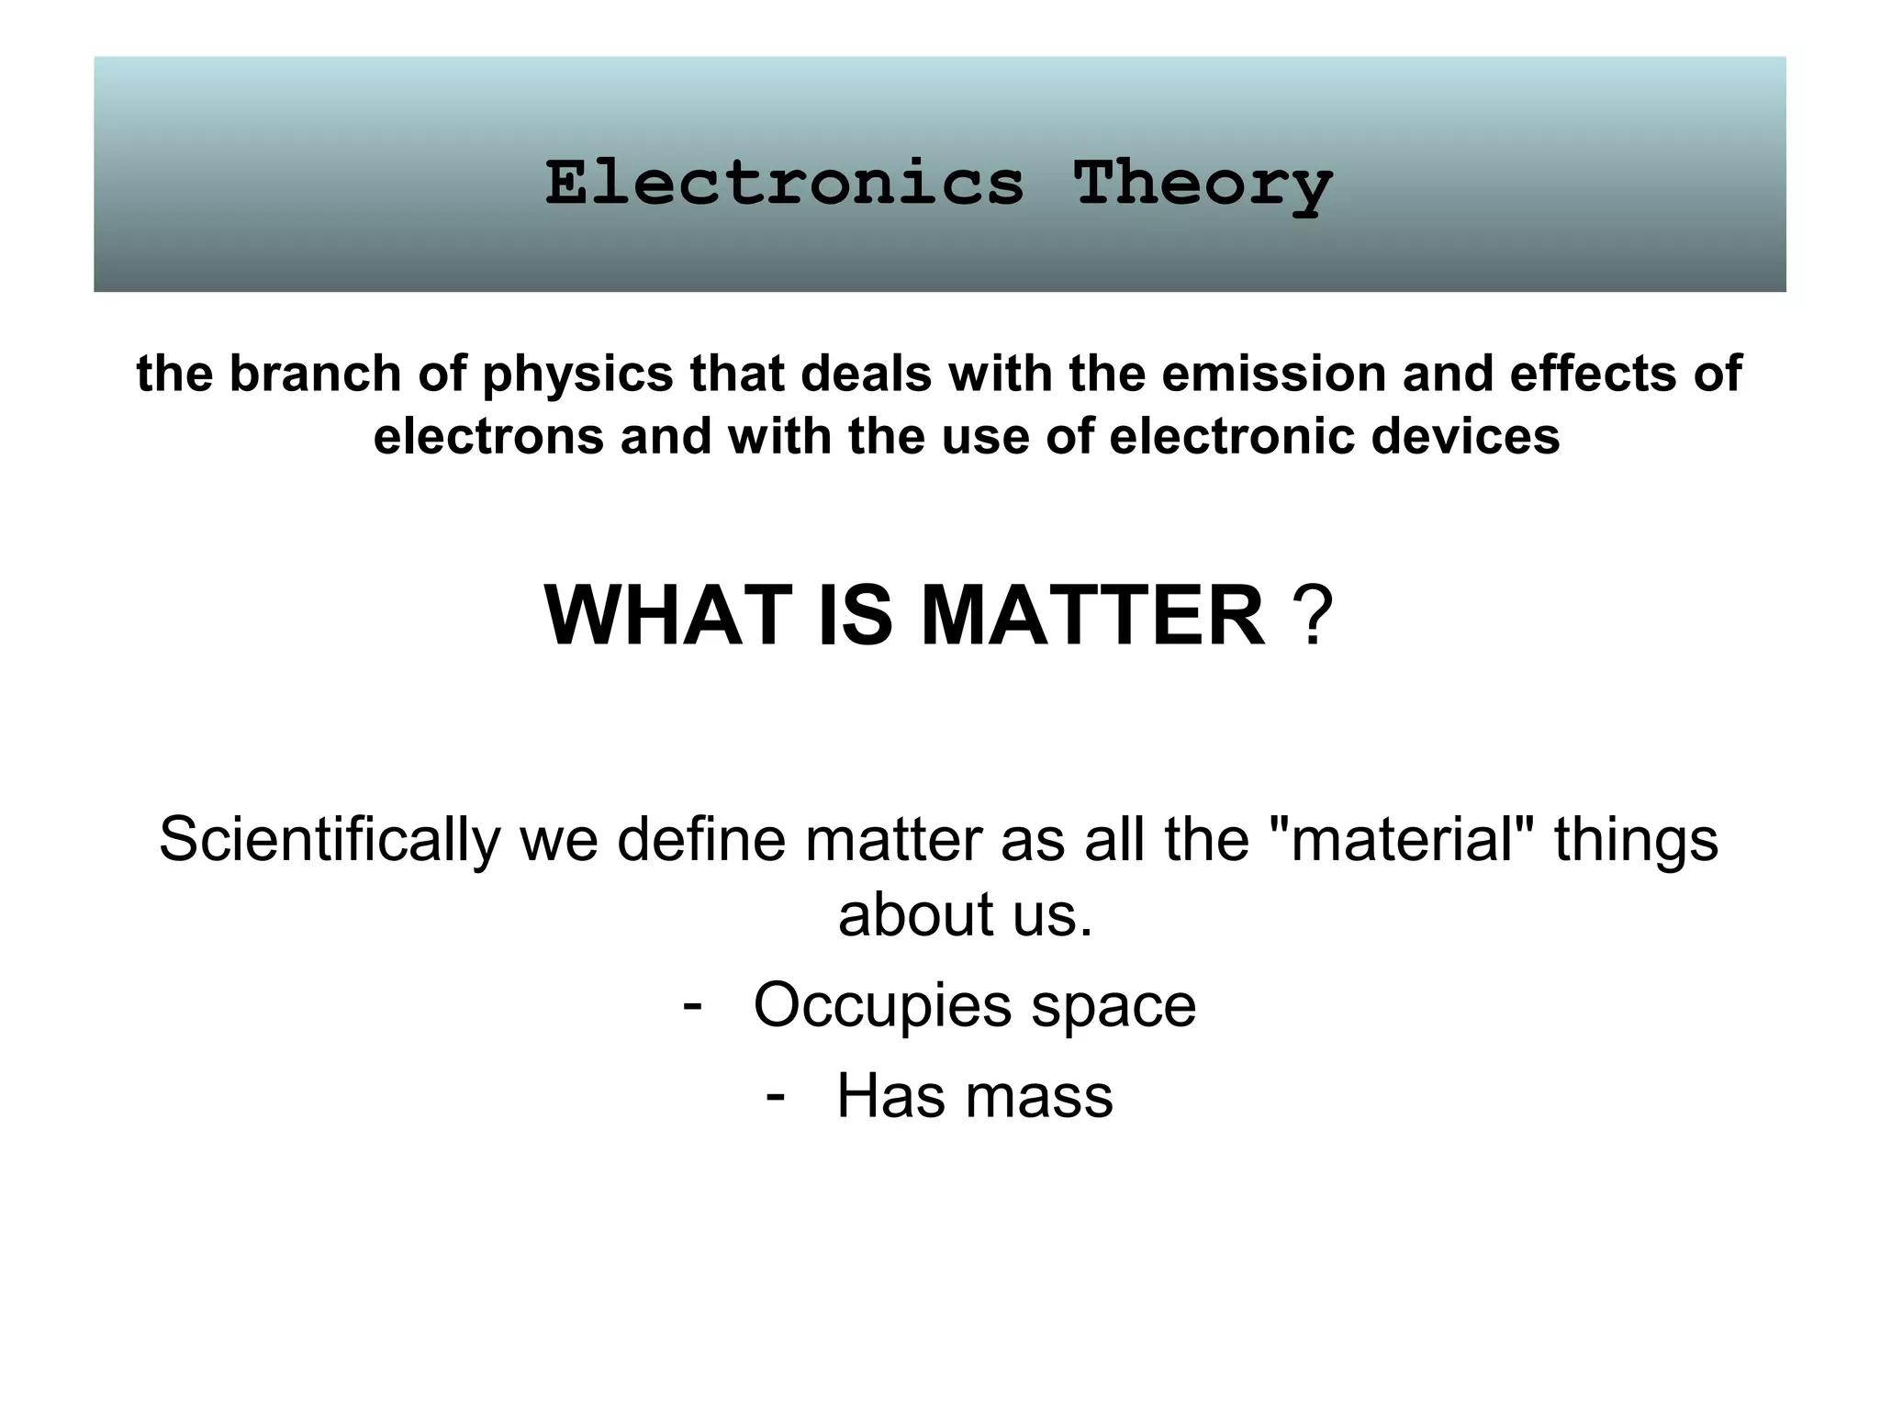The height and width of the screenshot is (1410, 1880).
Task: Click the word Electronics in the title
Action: pos(784,183)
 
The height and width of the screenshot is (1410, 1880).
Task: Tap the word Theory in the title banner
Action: pos(1203,186)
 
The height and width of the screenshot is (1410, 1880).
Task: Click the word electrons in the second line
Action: pos(488,436)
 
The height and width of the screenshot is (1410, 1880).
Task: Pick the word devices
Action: pos(1465,436)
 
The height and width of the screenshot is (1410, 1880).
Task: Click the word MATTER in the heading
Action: pos(1091,616)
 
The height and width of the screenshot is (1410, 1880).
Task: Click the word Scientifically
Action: pos(330,842)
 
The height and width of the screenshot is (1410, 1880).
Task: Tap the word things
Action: pos(1636,842)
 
